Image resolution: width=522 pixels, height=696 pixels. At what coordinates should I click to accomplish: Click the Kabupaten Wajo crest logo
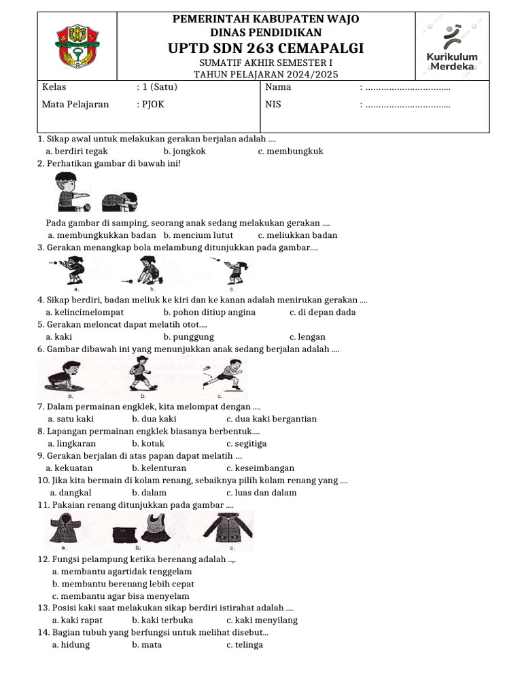pos(77,46)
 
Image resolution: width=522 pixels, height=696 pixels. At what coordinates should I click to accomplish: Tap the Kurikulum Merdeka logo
pos(452,46)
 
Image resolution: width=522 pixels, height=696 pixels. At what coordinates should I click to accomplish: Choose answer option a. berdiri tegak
pos(76,151)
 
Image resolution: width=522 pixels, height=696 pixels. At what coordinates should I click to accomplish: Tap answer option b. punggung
pos(188,336)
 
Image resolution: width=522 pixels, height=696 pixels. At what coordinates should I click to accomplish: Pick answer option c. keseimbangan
pos(260,468)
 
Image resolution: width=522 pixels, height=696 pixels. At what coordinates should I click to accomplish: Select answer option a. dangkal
pos(71,492)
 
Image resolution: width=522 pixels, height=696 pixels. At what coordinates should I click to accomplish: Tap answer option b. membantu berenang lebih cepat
pos(123,583)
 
